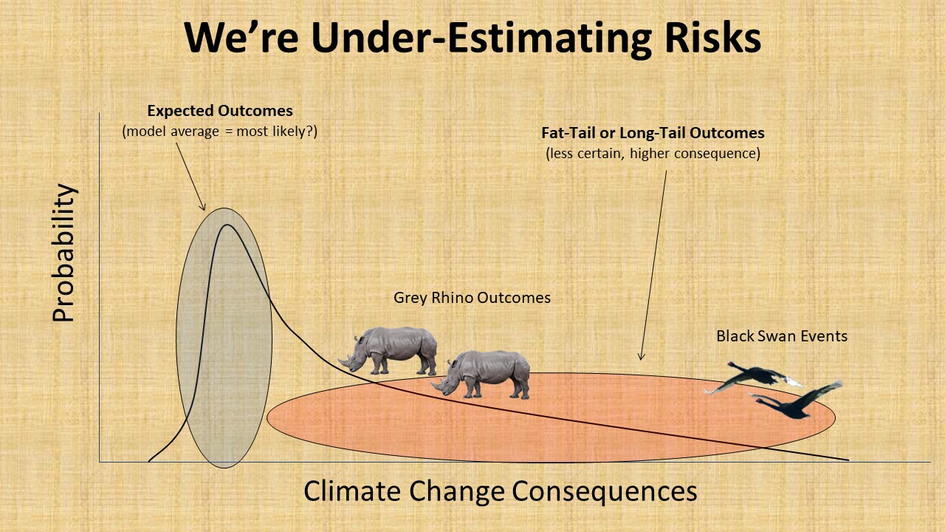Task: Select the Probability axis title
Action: (x=63, y=253)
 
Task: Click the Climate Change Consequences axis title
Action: (x=500, y=491)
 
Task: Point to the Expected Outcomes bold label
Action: (x=220, y=111)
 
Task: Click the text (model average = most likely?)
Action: (x=219, y=132)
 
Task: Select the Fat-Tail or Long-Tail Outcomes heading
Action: (x=653, y=133)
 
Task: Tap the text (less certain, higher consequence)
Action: (x=653, y=153)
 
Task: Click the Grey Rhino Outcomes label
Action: (x=472, y=298)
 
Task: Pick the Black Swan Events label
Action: (x=782, y=336)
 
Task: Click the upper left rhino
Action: (x=388, y=351)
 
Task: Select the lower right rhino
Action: (x=481, y=375)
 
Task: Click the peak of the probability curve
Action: (x=227, y=225)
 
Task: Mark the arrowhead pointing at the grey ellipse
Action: (x=203, y=207)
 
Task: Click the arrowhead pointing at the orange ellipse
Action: (x=641, y=357)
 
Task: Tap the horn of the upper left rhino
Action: (x=342, y=362)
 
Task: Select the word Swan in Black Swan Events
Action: (x=778, y=336)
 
